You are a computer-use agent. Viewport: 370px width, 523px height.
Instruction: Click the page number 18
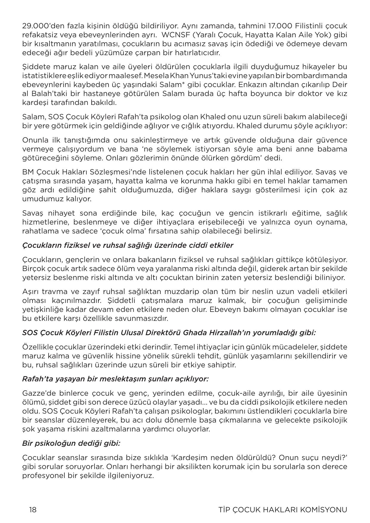(x=33, y=510)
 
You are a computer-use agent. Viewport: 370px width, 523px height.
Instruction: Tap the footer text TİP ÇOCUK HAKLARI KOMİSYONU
(x=282, y=510)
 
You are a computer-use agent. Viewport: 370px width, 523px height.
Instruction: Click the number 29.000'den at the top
(x=39, y=26)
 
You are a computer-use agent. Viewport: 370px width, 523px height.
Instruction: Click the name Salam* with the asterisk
(x=171, y=84)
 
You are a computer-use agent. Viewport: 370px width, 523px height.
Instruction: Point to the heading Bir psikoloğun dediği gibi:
(x=71, y=443)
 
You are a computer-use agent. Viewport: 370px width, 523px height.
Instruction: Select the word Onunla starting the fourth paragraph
(x=34, y=140)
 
